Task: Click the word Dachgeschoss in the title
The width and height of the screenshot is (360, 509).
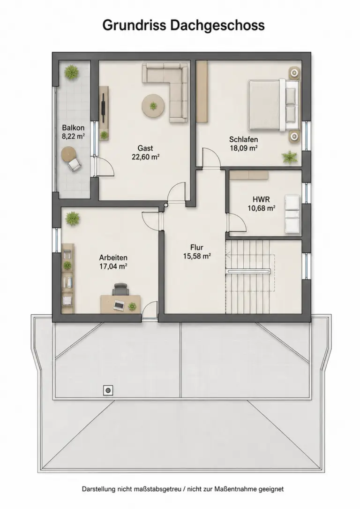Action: pos(217,25)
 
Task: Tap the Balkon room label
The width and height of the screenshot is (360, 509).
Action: pos(73,128)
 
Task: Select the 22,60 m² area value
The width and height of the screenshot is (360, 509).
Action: pos(145,157)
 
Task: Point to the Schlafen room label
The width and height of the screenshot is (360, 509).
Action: pos(244,140)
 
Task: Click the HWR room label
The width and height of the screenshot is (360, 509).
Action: pos(262,199)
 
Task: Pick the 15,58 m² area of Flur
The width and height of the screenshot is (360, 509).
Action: pos(197,256)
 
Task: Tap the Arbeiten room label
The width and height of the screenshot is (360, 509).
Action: pos(113,258)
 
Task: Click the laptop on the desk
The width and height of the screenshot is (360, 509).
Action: pos(119,305)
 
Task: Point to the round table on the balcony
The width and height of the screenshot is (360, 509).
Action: pos(68,153)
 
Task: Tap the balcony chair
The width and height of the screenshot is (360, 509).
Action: pos(74,165)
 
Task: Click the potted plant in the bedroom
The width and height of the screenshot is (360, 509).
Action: pos(289,157)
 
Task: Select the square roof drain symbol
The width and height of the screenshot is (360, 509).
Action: pos(108,390)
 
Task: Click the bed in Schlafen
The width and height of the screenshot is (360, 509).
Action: pos(274,105)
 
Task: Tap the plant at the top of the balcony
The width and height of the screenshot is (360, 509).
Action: pos(71,72)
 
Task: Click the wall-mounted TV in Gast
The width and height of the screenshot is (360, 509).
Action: pos(103,104)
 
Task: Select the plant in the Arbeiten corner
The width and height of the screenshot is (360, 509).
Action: pos(73,219)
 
